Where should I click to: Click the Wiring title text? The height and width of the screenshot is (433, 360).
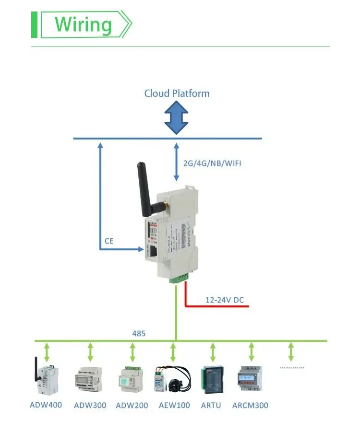point(83,24)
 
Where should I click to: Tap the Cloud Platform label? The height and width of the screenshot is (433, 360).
point(177,93)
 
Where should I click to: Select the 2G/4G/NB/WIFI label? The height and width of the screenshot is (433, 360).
point(212,164)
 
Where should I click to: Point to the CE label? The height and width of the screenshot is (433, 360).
point(109,241)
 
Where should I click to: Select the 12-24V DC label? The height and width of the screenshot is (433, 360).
point(224,300)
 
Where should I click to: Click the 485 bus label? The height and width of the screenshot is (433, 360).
point(139,333)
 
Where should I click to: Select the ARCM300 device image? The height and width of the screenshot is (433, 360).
point(251,378)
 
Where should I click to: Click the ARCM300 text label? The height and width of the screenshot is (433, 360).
point(250,405)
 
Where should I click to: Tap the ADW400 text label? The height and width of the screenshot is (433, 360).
point(46,405)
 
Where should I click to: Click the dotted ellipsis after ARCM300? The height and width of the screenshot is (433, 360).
point(292,368)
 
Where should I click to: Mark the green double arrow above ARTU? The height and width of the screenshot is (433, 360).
point(212,352)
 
